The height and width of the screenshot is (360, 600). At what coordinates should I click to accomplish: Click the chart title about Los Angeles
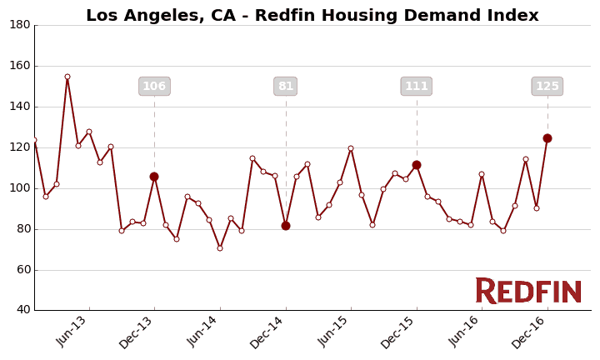(312, 16)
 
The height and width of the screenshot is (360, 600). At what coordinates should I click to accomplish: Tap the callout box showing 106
(154, 87)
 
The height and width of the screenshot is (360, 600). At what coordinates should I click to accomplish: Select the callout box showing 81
(286, 87)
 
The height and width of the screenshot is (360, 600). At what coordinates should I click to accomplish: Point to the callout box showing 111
(417, 87)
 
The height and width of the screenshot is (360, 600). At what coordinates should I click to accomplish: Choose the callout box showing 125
(547, 87)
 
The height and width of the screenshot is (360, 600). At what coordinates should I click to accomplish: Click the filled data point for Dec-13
(154, 177)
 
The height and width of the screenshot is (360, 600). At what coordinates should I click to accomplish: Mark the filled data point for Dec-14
(286, 226)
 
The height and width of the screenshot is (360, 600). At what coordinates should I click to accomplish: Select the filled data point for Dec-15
(417, 165)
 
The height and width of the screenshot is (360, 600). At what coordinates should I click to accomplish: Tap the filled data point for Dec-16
(547, 138)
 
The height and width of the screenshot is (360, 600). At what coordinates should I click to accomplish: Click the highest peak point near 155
(67, 77)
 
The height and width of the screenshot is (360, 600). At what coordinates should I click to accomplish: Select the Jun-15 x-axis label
(333, 332)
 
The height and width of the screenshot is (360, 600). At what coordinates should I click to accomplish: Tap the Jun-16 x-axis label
(464, 332)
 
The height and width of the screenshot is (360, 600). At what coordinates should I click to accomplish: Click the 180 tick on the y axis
(20, 25)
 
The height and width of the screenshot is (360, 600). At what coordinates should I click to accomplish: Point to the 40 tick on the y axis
(22, 310)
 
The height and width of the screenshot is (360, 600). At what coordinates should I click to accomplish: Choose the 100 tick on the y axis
(20, 188)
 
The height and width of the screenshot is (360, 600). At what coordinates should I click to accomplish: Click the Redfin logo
(528, 291)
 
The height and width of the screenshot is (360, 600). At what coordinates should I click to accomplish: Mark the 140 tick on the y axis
(20, 107)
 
